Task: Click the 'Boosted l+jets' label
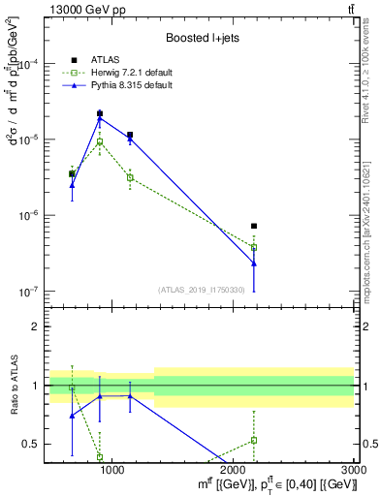[x=201, y=38]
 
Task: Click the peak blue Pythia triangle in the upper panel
[x=100, y=119]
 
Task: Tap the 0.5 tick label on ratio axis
[x=29, y=444]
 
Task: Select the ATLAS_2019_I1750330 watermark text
[x=202, y=290]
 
